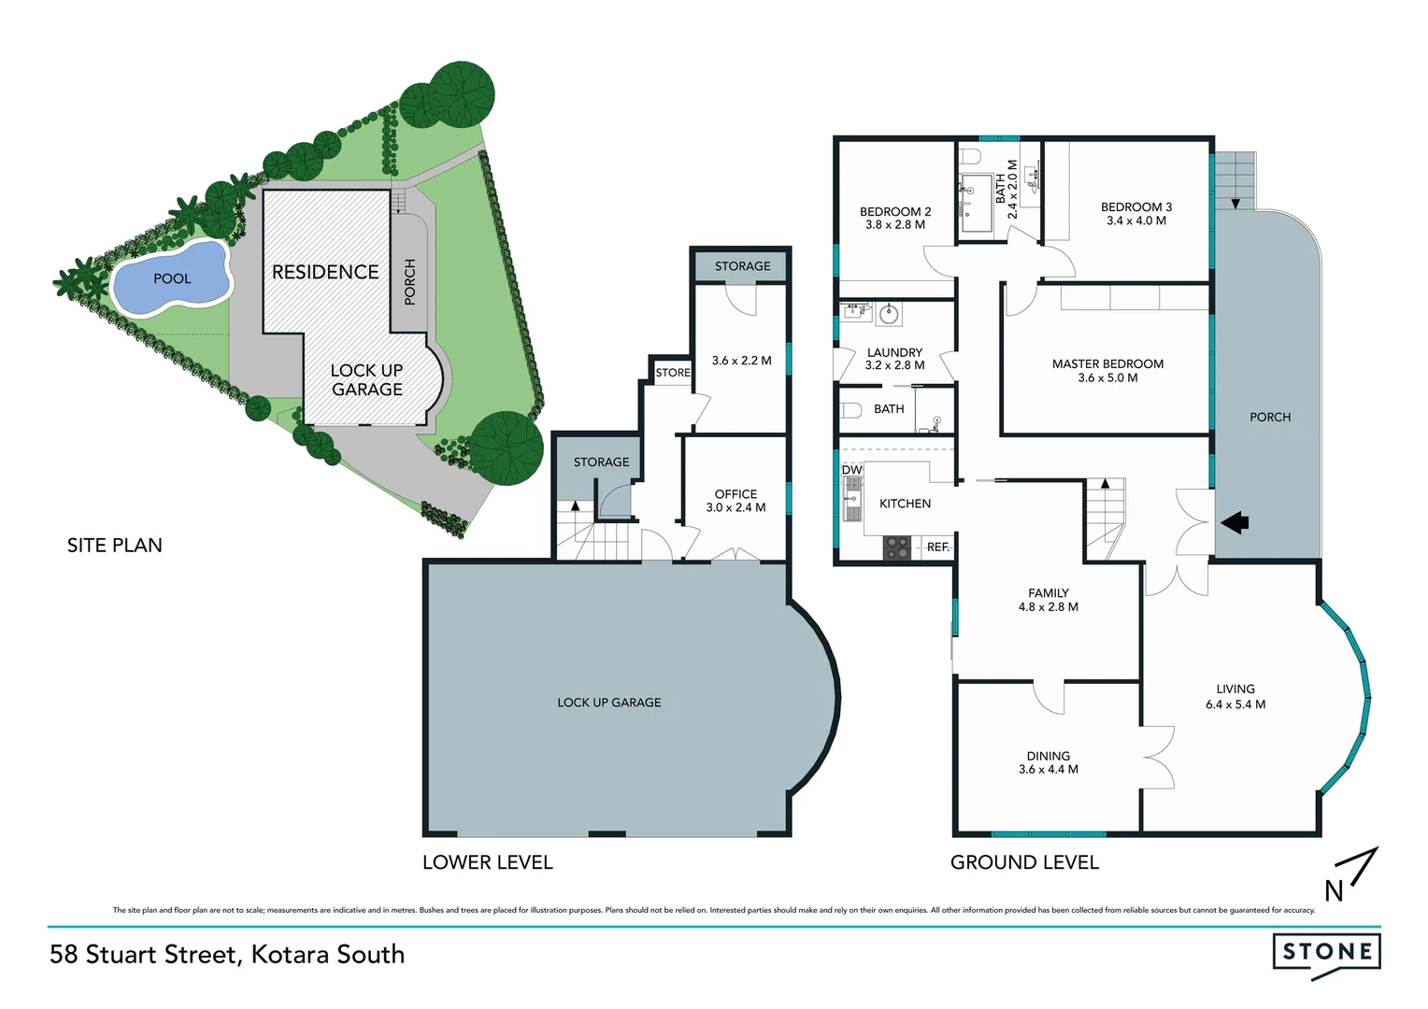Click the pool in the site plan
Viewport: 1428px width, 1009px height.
pos(170,277)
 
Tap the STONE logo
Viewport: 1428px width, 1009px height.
pos(1326,952)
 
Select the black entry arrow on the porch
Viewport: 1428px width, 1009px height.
pos(1235,523)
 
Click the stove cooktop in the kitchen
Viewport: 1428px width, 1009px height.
pos(897,547)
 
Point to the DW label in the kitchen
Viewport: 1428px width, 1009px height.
pos(851,469)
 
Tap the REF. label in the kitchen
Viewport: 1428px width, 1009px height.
pos(937,547)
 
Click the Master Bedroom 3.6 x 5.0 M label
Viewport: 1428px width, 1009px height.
pos(1107,371)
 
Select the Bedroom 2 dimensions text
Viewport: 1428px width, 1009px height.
pos(894,225)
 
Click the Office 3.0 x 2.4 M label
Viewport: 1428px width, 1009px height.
pos(735,501)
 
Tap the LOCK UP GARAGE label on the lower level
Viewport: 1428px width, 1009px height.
pos(608,703)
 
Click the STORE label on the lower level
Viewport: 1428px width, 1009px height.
pos(672,373)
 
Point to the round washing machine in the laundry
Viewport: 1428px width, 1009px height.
pos(888,315)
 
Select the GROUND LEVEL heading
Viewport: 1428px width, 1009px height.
pos(1024,862)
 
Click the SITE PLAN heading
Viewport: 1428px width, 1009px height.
pos(114,546)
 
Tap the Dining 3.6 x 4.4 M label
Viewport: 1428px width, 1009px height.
pos(1048,762)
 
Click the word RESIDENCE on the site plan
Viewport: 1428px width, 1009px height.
pos(325,272)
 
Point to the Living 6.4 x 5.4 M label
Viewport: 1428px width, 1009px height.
pos(1235,696)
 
